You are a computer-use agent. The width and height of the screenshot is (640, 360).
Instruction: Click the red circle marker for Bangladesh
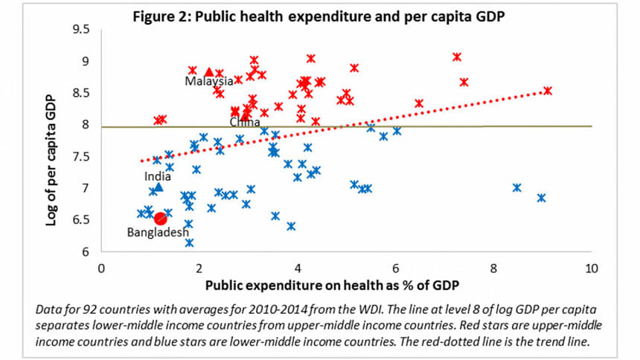(x=159, y=217)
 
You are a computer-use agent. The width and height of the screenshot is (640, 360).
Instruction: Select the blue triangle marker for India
(x=158, y=187)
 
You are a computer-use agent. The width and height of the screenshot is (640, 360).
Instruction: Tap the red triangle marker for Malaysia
(x=209, y=71)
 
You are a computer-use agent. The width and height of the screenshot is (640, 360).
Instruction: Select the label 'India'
(x=157, y=176)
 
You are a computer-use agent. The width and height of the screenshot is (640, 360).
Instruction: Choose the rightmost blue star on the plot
(x=541, y=198)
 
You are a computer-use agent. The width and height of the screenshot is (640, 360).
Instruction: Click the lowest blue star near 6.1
(x=189, y=242)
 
